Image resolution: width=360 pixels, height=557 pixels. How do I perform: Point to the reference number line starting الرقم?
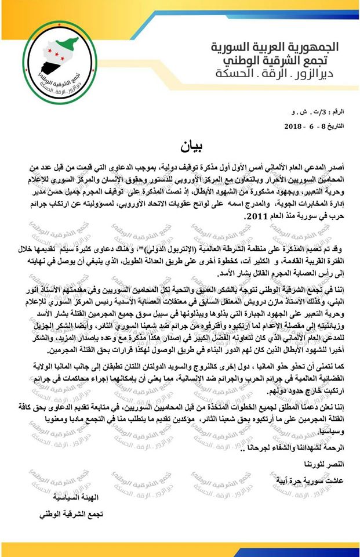(x=315, y=111)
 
